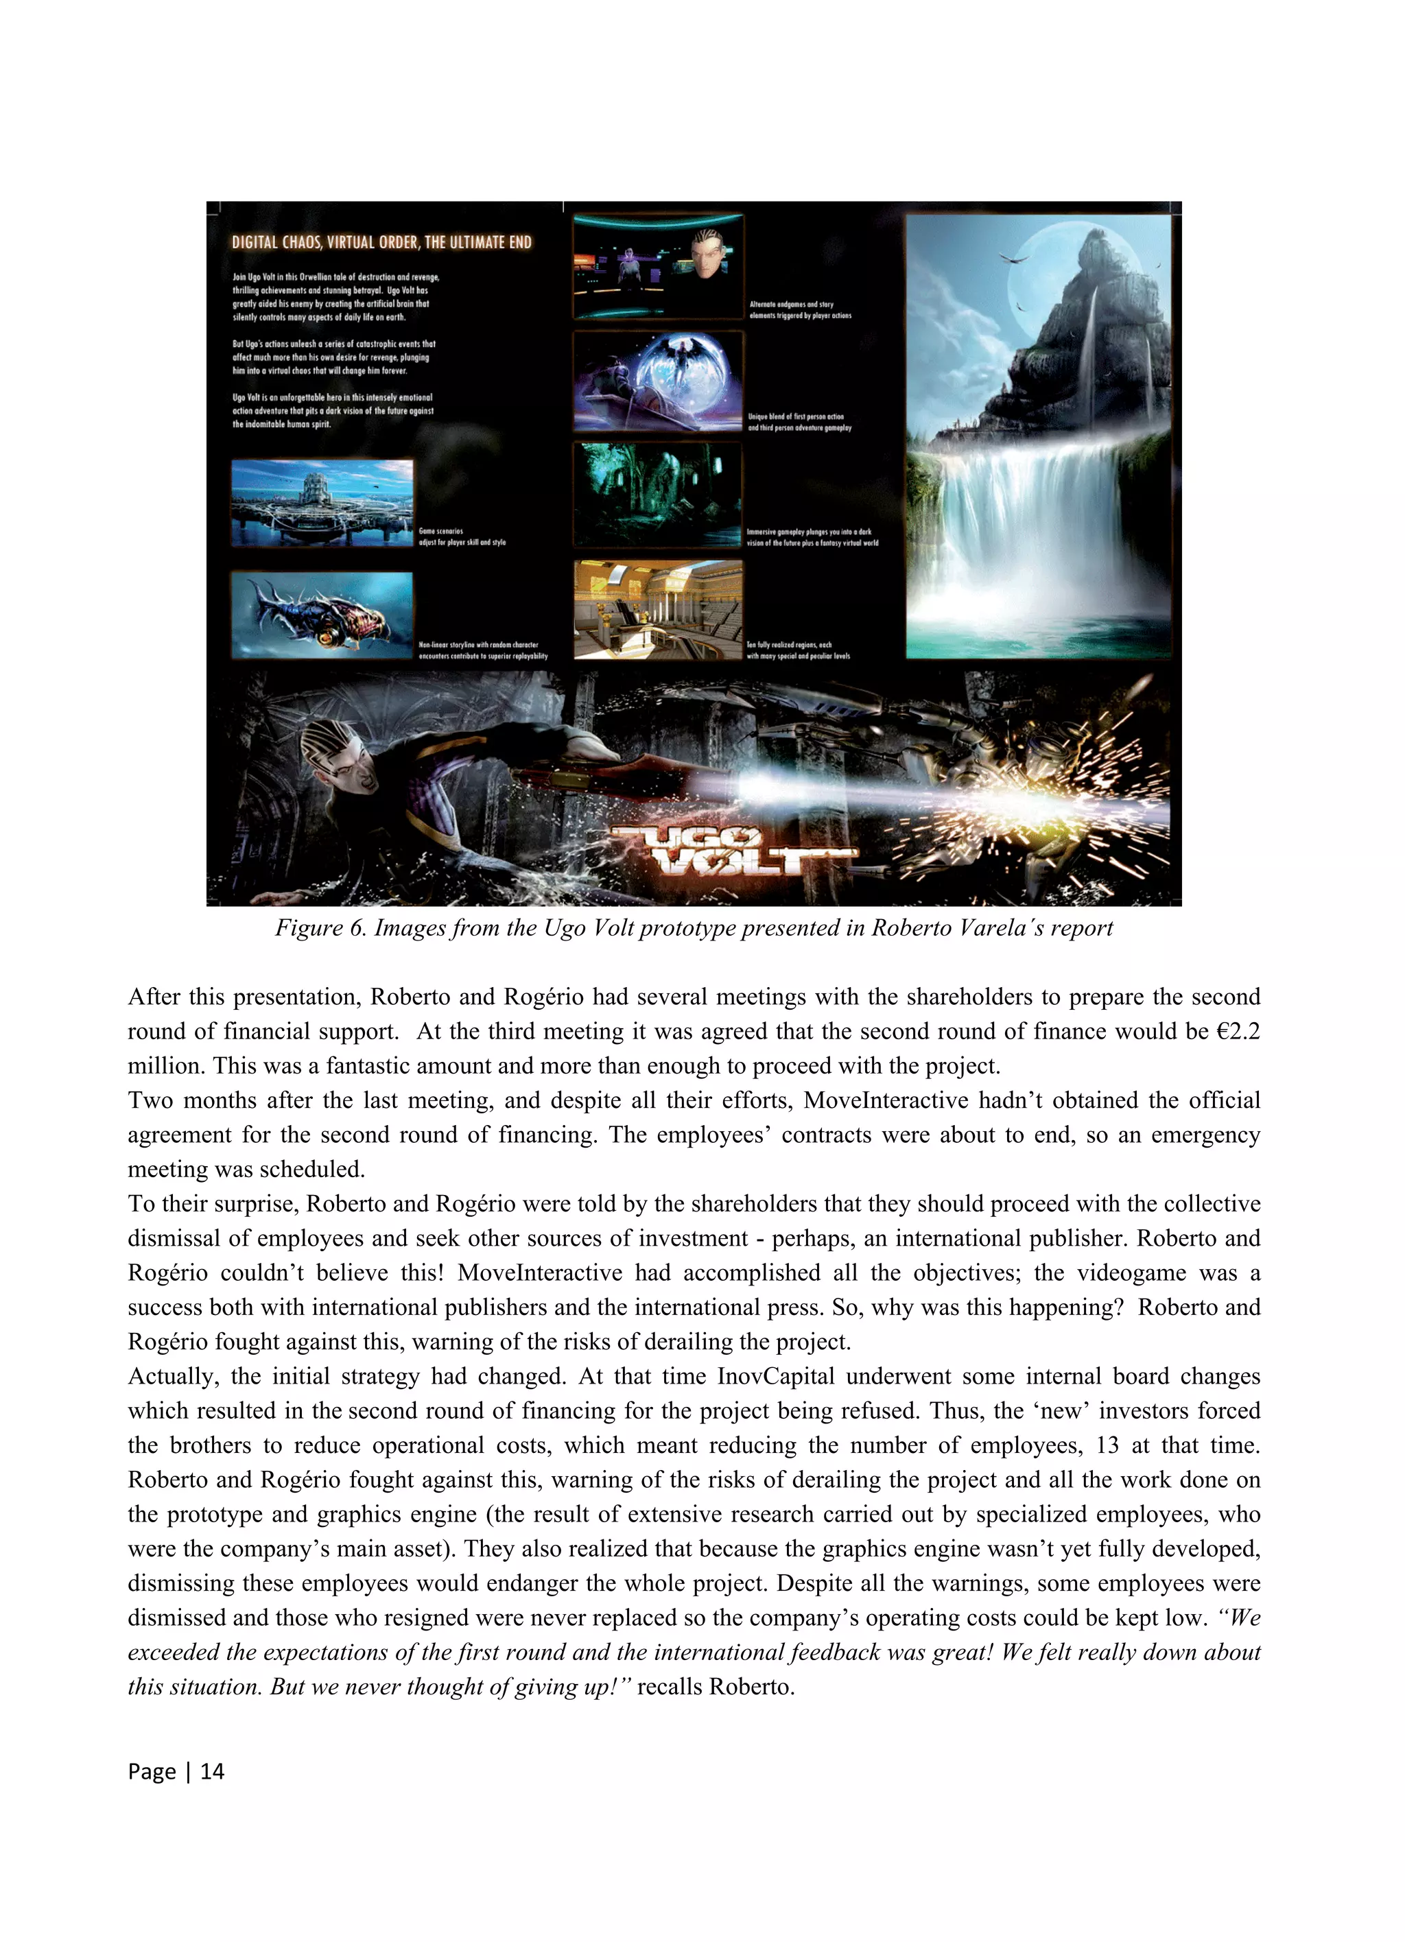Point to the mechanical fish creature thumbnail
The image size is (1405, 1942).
322,615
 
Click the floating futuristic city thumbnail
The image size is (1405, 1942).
322,503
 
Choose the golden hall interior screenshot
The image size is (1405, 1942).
657,610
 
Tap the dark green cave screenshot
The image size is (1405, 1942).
657,494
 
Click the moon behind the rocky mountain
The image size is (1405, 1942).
1057,283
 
